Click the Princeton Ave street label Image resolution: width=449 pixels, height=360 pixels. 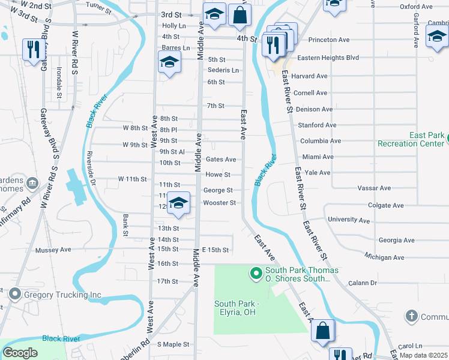click(x=328, y=40)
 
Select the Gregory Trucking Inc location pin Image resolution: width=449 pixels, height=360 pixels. click(x=14, y=295)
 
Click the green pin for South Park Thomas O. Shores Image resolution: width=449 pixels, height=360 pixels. click(x=256, y=274)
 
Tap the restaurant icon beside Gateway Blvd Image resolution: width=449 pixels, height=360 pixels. click(x=32, y=49)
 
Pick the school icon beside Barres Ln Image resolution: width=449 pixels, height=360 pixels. click(x=169, y=62)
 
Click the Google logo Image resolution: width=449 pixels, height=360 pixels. click(x=20, y=353)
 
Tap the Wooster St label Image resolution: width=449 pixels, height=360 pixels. click(x=219, y=203)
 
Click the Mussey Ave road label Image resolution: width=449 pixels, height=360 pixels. click(x=53, y=250)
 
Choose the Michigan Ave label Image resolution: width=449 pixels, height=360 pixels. click(x=384, y=257)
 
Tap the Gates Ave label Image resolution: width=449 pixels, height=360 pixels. click(x=220, y=160)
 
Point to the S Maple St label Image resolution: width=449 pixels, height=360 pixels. click(x=173, y=344)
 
